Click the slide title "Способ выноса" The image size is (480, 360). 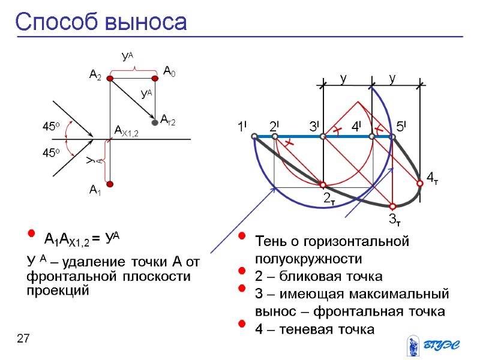101,22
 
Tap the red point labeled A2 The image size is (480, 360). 110,78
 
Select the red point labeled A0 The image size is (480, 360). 155,78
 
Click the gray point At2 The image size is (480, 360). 155,122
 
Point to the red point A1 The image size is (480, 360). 110,184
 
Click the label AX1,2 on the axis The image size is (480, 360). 126,131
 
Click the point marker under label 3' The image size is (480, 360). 323,137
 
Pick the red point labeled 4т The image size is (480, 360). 420,184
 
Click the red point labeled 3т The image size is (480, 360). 392,207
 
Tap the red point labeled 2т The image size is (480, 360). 323,185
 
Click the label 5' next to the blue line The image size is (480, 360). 401,127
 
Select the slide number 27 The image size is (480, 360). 23,340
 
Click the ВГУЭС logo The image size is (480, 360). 433,344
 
